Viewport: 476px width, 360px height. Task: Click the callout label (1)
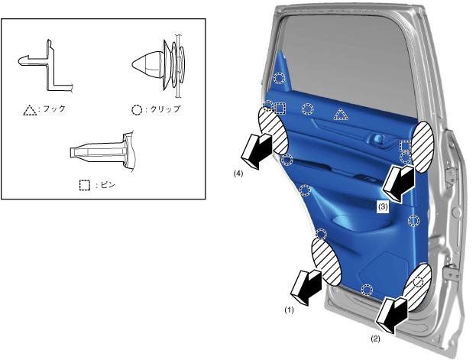click(289, 310)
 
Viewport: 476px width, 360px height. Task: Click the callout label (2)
click(375, 339)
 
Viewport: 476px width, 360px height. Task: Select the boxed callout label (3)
click(383, 207)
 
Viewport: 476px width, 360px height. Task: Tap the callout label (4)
click(238, 174)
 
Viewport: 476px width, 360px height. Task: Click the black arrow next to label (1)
click(306, 287)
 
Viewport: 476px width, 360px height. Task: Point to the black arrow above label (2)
click(392, 316)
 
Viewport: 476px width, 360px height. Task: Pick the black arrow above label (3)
click(399, 183)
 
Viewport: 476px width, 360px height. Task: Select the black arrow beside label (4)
click(257, 151)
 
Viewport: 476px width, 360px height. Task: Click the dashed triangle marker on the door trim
click(341, 114)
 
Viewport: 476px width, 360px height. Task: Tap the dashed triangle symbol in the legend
click(30, 110)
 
